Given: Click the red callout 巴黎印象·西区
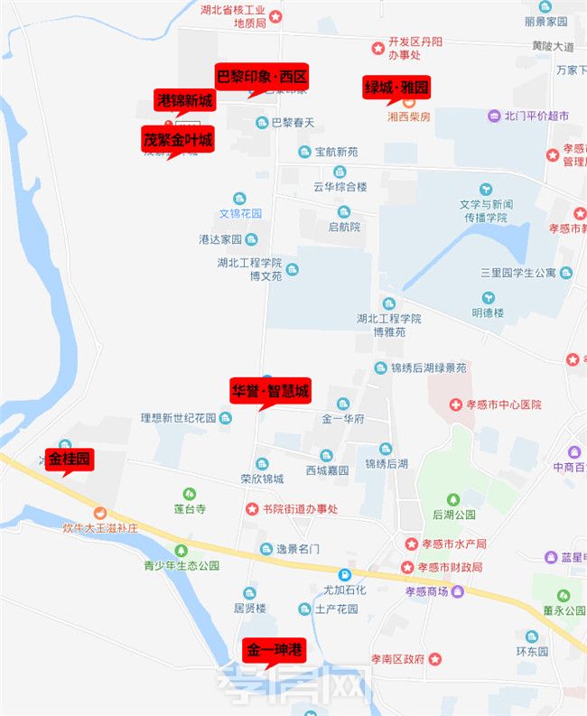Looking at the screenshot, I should (262, 75).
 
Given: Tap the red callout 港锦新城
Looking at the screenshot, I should (184, 100).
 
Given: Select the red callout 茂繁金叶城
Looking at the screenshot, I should (177, 139).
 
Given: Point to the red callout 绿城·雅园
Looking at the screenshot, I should (396, 88).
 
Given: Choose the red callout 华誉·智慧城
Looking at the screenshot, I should (270, 390).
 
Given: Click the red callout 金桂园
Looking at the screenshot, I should (70, 460).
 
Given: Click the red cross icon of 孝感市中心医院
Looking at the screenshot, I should (457, 404).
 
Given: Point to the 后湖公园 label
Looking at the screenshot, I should (453, 515).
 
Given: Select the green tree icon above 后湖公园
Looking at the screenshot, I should (452, 499).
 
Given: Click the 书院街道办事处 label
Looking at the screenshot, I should (300, 509).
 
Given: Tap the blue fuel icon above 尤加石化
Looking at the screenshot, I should (344, 574).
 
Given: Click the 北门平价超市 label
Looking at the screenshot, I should (536, 116).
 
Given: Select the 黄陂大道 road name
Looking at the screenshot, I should (552, 45).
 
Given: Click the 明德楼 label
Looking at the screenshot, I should (488, 312).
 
